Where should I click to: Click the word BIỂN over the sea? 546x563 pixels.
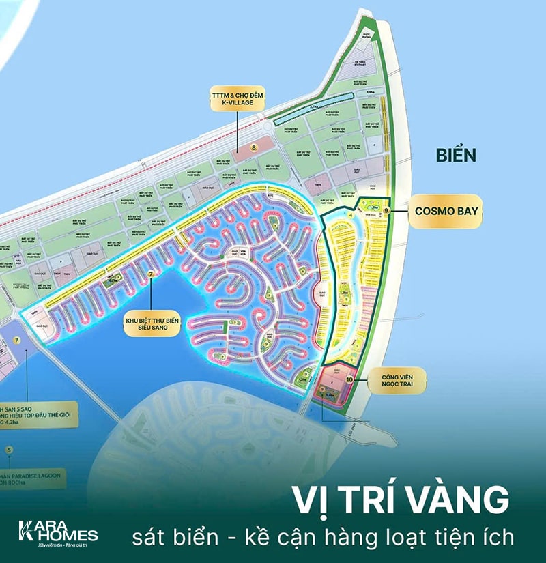[x=456, y=155]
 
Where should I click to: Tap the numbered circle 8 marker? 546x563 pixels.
[x=254, y=146]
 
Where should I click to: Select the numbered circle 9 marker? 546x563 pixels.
[x=386, y=212]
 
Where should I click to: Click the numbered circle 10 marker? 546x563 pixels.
[x=351, y=379]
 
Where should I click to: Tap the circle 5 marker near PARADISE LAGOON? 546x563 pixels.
[x=9, y=450]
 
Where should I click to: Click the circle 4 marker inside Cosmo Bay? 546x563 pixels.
[x=350, y=215]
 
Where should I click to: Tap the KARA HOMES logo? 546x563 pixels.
[x=57, y=530]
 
